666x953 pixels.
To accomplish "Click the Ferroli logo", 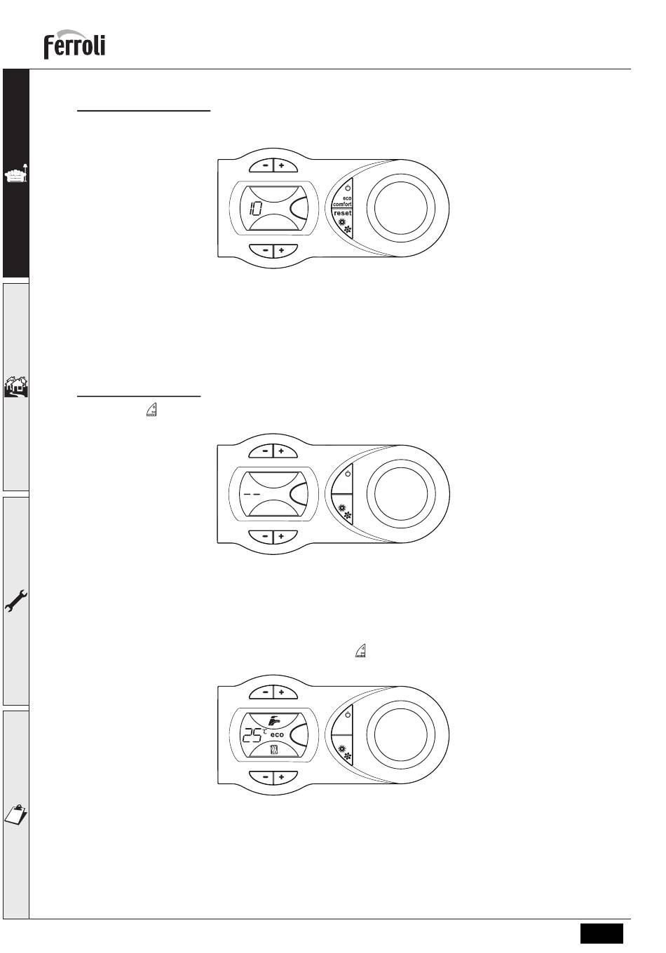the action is point(74,44).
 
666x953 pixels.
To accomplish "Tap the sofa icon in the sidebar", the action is point(16,174).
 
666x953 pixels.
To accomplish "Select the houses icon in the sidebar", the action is point(16,386).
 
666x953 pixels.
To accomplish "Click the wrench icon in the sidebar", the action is point(16,601).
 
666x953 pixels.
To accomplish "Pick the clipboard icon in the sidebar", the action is point(15,815).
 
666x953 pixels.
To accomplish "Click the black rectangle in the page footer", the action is point(602,933).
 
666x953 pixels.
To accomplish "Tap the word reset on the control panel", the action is point(343,213).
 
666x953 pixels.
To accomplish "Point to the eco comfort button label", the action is point(343,201).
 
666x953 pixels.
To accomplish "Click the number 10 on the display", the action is point(255,209).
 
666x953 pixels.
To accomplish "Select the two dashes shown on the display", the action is point(252,494).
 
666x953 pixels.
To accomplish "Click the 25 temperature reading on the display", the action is point(252,735).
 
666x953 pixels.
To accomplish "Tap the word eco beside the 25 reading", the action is point(277,735).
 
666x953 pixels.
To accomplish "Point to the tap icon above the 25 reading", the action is point(274,720).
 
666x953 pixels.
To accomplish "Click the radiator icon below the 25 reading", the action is point(275,750).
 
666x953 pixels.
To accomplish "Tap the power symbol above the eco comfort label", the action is point(348,188).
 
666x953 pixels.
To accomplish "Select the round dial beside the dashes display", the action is point(401,493).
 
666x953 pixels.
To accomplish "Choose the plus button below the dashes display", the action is point(281,537).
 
